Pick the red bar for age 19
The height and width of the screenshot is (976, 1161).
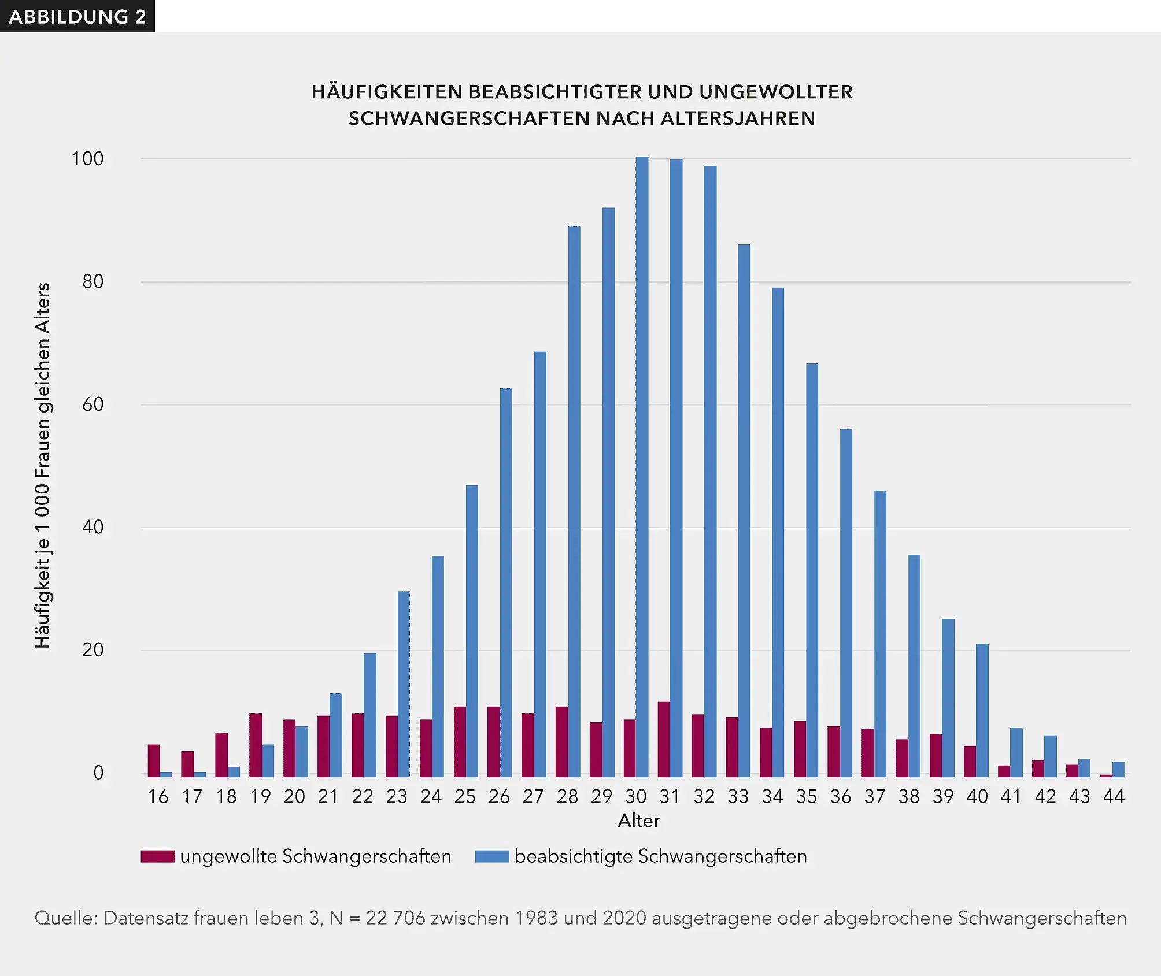click(x=256, y=745)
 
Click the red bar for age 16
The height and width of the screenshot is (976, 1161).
click(x=154, y=760)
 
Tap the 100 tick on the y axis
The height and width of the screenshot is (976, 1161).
click(x=87, y=159)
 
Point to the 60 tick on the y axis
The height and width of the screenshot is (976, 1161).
click(x=93, y=404)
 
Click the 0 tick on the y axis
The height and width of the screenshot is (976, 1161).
click(x=98, y=773)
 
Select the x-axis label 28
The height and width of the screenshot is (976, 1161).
click(x=567, y=797)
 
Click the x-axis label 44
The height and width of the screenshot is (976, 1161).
click(x=1114, y=797)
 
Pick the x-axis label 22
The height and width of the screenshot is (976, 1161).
click(x=363, y=797)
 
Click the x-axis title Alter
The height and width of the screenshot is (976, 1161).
click(x=638, y=821)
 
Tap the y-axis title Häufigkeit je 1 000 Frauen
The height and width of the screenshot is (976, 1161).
click(x=43, y=465)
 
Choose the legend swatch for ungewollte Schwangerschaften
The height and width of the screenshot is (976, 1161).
click(x=158, y=856)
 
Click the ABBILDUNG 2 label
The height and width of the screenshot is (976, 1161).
click(x=77, y=16)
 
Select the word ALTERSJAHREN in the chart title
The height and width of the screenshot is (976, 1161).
click(x=738, y=118)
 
